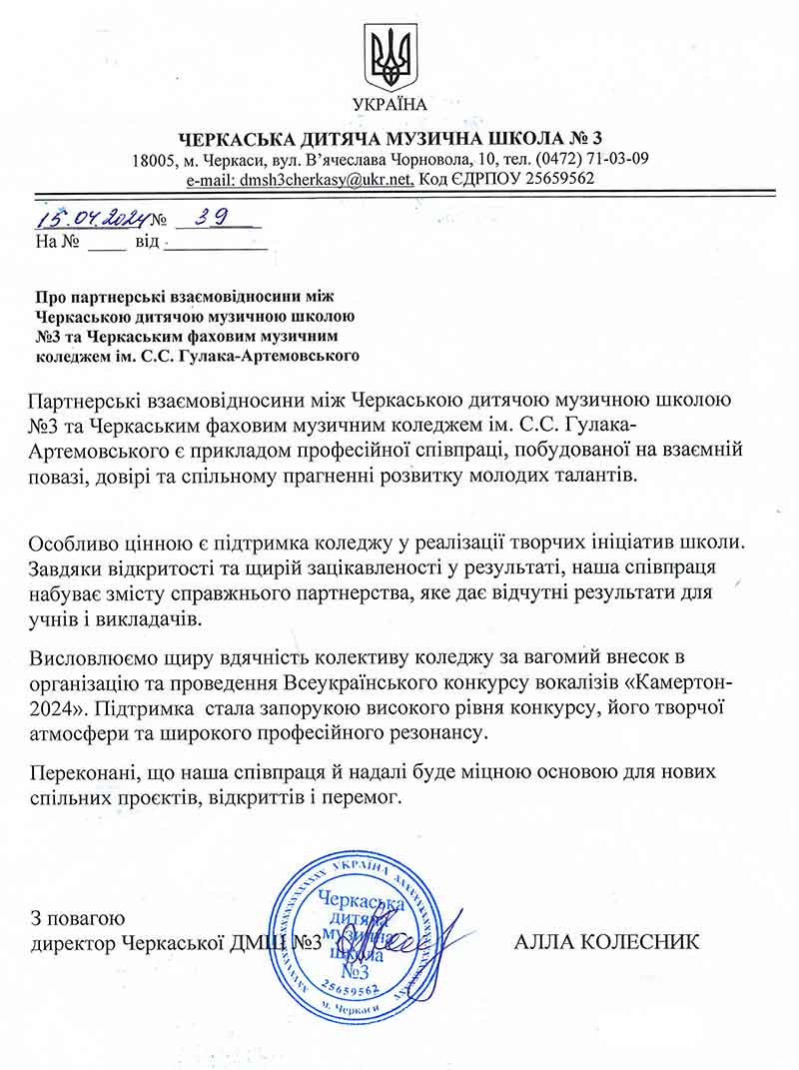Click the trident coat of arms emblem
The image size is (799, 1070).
(390, 57)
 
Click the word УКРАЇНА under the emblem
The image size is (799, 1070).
(390, 104)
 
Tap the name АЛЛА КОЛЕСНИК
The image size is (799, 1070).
(606, 942)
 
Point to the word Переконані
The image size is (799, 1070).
(85, 774)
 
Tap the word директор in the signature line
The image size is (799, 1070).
(73, 942)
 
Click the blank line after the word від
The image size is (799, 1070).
(210, 243)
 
